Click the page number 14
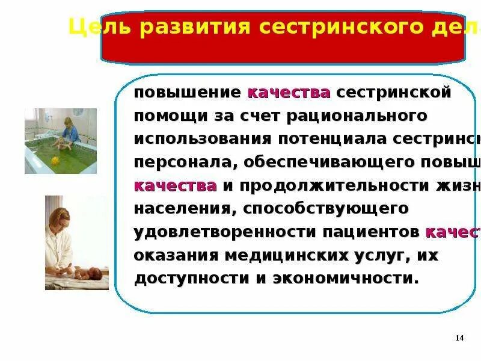point(459,338)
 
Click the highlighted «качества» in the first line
point(289,93)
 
